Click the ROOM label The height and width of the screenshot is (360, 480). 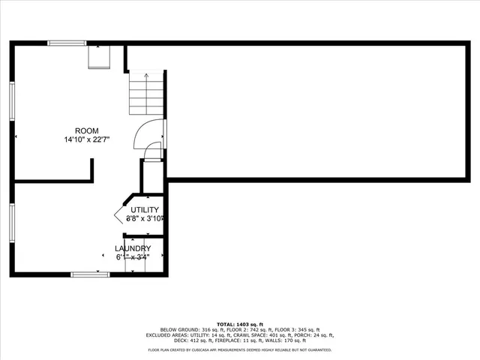[86, 130]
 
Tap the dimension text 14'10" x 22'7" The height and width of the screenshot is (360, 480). [86, 139]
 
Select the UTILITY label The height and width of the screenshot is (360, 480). [145, 210]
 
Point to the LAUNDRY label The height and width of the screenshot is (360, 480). [133, 248]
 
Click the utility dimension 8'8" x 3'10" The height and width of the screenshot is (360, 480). [145, 219]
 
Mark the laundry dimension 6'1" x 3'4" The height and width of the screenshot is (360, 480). [133, 257]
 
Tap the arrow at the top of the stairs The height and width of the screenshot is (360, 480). [145, 76]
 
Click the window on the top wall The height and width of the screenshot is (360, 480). [67, 43]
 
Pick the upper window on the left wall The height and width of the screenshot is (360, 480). [13, 100]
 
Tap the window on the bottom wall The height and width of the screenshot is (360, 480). [90, 274]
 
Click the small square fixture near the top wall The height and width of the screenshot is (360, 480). [98, 57]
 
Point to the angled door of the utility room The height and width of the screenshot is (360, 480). [121, 212]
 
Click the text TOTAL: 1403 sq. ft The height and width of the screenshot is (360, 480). [240, 324]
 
